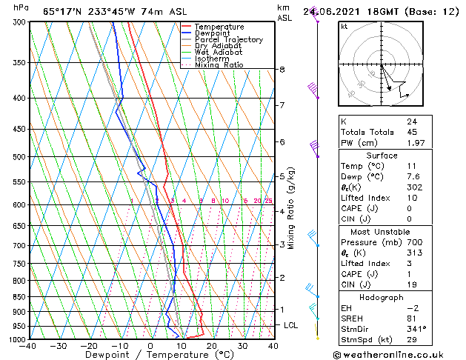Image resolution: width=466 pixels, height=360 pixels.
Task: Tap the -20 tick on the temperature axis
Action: click(89, 345)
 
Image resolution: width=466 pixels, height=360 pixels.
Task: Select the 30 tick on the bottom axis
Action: click(242, 345)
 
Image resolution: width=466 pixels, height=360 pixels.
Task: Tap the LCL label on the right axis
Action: click(291, 325)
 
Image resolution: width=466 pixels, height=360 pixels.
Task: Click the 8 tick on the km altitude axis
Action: click(282, 70)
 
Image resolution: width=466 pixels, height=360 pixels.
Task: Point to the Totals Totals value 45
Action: click(412, 132)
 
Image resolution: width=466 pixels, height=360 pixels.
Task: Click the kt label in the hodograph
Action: click(344, 26)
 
